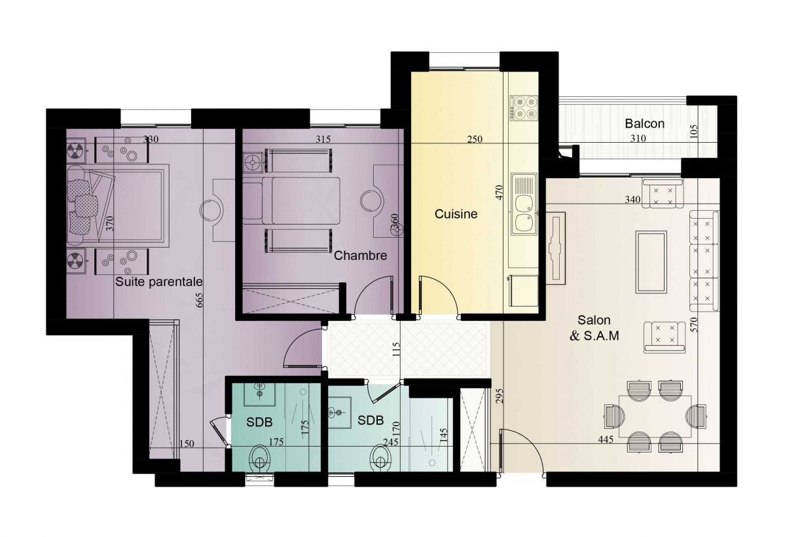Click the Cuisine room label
(x=456, y=214)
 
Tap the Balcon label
(x=644, y=123)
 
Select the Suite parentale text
(x=158, y=282)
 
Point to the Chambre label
(x=360, y=255)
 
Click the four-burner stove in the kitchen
(x=524, y=108)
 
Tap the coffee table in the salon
(x=651, y=262)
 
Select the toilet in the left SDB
(x=260, y=457)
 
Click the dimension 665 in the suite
(x=199, y=299)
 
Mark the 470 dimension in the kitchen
(x=499, y=193)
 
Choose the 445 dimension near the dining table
(x=606, y=440)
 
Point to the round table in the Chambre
(x=371, y=201)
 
